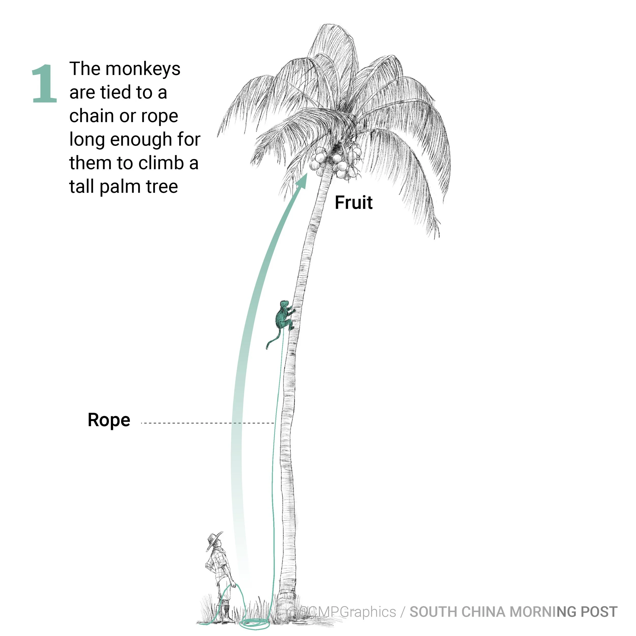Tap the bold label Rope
[x=109, y=420]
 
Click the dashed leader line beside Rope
[x=207, y=423]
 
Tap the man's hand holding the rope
[x=233, y=585]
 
